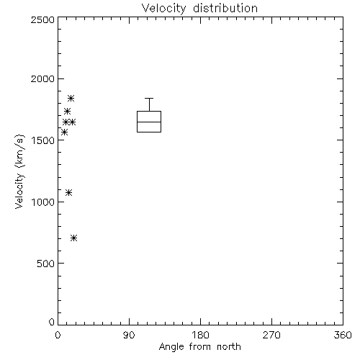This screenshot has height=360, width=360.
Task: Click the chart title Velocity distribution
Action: (x=199, y=9)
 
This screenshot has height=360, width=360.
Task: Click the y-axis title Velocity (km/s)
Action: (x=19, y=171)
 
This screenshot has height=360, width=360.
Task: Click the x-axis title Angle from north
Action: (x=199, y=347)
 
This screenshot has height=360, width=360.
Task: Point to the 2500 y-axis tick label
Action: (x=42, y=19)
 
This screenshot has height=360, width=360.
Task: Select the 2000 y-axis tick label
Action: (x=42, y=78)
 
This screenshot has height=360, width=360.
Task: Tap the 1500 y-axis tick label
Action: (x=43, y=140)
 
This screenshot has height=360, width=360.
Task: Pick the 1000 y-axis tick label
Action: (x=43, y=202)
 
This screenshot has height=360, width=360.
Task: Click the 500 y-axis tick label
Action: (x=46, y=264)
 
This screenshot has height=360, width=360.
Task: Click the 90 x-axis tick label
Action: (x=129, y=335)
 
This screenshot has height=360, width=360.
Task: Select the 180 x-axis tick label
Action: (x=200, y=335)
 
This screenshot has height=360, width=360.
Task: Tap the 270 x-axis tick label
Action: (x=271, y=335)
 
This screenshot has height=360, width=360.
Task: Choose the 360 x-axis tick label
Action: (x=343, y=335)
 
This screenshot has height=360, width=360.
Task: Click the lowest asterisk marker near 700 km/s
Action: (x=74, y=238)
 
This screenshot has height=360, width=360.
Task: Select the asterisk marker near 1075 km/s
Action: (x=69, y=192)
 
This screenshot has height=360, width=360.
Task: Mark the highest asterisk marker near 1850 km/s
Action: (x=71, y=98)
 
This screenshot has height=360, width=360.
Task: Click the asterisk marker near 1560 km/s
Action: (x=64, y=132)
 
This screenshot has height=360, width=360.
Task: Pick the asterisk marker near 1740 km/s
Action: (x=67, y=111)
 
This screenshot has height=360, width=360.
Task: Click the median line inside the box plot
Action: (x=149, y=122)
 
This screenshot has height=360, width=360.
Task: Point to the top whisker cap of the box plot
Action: (x=149, y=98)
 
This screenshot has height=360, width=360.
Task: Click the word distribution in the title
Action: (x=225, y=9)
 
